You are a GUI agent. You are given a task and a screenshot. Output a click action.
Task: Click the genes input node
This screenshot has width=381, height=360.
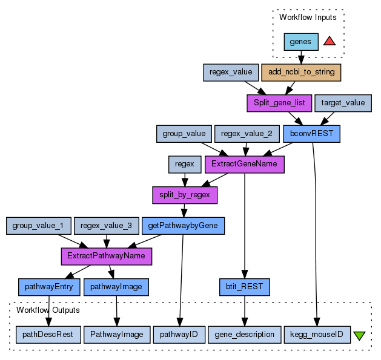301,42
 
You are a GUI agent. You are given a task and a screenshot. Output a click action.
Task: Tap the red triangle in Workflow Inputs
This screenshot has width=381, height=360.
330,41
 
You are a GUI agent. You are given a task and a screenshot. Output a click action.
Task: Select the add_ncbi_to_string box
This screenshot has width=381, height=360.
301,72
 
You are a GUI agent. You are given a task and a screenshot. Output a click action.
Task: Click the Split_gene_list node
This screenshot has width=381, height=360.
279,103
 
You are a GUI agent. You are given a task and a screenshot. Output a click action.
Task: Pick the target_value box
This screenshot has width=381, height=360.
343,103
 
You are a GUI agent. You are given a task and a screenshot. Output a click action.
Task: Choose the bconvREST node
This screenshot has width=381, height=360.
311,133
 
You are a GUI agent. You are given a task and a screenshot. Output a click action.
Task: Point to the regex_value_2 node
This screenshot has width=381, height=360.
246,133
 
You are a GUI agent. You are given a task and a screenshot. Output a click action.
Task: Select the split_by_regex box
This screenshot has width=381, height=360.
184,195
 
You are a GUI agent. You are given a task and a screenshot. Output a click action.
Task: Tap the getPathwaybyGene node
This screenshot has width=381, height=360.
183,226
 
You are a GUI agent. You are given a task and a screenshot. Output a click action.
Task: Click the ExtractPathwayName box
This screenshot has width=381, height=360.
106,256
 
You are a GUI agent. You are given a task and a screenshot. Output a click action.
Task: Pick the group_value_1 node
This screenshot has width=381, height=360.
38,226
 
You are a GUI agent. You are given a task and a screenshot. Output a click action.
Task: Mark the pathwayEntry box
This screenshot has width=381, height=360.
49,286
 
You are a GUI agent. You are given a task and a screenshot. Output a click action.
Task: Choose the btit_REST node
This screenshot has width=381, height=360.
244,286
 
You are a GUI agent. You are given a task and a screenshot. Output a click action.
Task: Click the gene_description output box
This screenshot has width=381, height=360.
245,334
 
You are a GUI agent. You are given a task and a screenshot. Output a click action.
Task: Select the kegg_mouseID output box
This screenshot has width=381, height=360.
317,334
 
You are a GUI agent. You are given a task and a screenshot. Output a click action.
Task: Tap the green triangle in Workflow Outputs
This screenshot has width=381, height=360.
359,335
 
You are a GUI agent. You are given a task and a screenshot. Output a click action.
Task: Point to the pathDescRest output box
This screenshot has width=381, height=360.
48,334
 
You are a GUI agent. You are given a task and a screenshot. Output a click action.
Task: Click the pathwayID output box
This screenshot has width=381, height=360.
179,334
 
